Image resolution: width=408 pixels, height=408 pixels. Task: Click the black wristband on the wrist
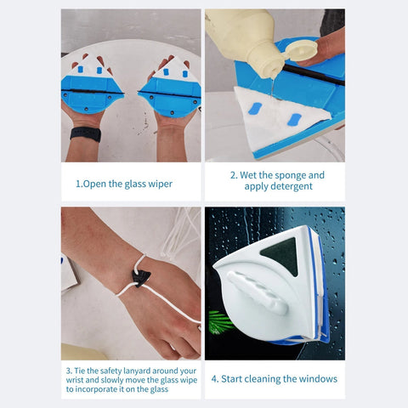[85, 134]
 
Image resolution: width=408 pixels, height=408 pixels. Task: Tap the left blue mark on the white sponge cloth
[256, 110]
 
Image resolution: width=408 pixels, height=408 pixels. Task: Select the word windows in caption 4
[316, 379]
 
